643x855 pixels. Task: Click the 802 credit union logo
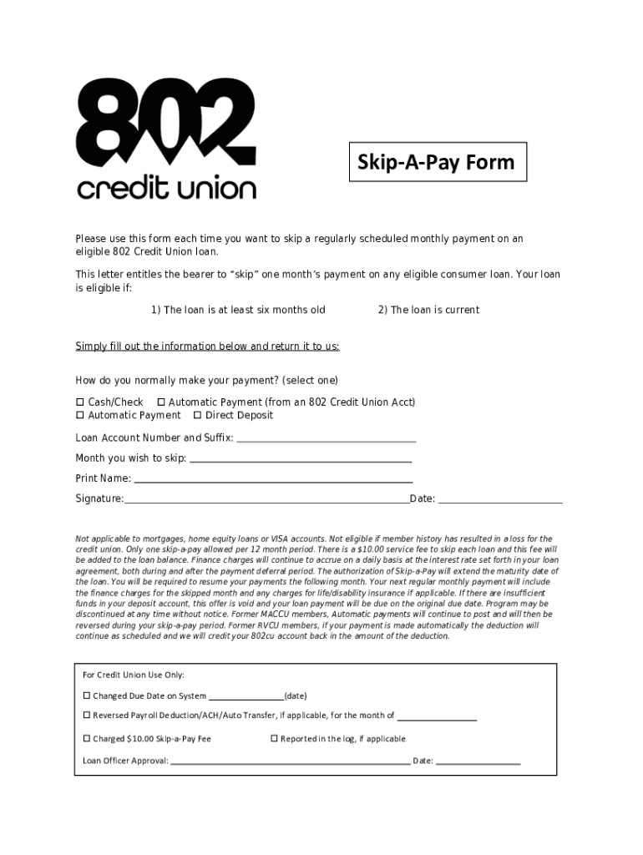pos(166,139)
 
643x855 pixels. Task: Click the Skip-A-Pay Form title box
pos(437,162)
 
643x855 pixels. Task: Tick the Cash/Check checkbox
pos(80,402)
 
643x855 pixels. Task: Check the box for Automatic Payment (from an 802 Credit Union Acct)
pos(161,402)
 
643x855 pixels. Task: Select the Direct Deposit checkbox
pos(197,416)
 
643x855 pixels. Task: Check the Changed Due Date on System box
pos(86,696)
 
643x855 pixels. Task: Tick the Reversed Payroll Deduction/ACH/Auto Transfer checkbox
pos(86,716)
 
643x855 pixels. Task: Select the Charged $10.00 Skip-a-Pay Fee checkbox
pos(86,739)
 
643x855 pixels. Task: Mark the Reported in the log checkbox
pos(274,739)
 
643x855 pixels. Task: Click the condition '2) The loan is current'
pos(428,310)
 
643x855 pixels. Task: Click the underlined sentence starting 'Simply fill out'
pos(207,347)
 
